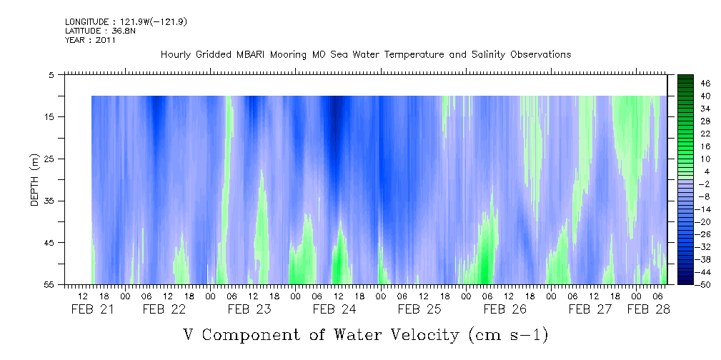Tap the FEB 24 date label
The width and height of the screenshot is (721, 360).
point(334,309)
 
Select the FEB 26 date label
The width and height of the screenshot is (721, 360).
point(504,309)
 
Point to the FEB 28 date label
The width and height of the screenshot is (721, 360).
point(649,309)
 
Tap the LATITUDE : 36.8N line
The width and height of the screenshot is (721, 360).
point(100,31)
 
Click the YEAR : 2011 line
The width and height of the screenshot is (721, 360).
point(90,40)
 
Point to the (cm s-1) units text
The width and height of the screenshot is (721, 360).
point(507,334)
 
